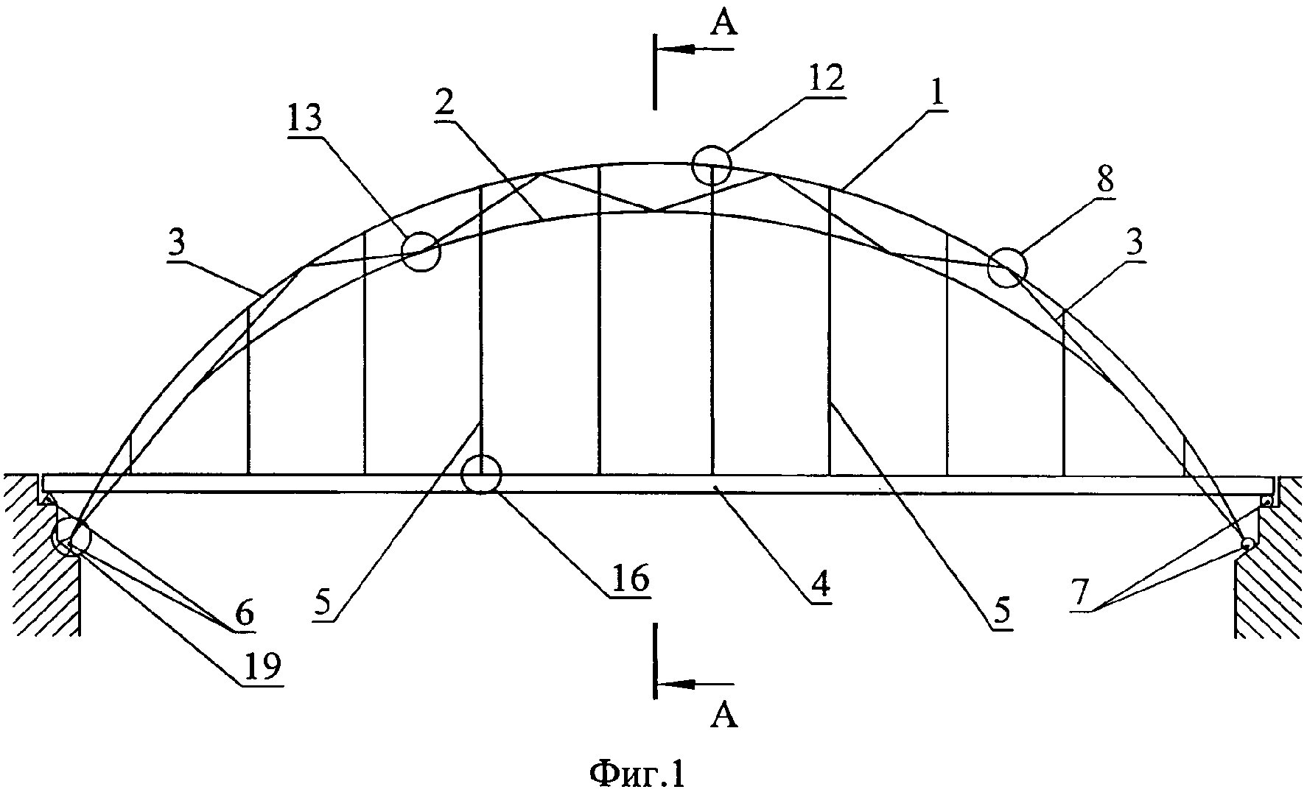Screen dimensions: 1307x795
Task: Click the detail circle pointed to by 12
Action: coord(712,164)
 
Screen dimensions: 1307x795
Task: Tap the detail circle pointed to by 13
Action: coord(421,251)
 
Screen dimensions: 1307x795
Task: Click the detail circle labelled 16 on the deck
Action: coord(481,475)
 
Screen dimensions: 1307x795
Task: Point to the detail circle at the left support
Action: coord(72,536)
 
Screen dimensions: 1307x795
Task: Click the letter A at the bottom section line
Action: coord(723,715)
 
